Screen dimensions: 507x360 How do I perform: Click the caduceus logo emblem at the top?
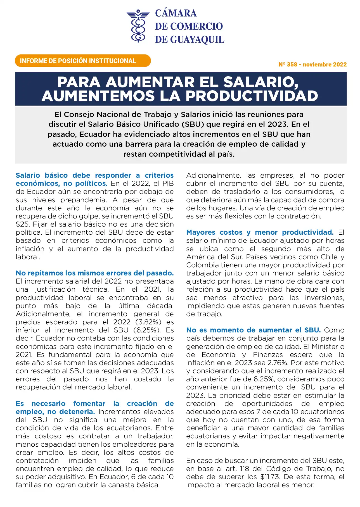click(x=138, y=26)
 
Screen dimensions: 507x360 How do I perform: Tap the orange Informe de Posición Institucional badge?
click(x=83, y=61)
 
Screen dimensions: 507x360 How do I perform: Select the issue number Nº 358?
click(x=288, y=65)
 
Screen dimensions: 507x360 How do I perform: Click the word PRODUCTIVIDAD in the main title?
click(x=252, y=96)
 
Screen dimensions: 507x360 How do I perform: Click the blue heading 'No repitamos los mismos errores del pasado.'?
click(x=94, y=273)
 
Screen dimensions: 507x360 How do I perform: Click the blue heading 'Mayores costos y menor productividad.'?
click(x=260, y=232)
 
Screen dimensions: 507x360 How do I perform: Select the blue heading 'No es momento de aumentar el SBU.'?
click(x=253, y=330)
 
